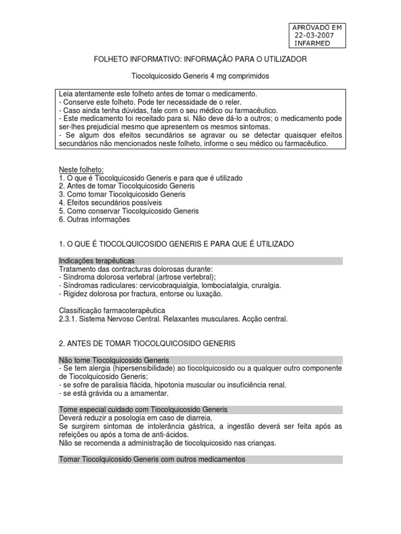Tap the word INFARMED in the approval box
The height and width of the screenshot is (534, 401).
[x=312, y=43]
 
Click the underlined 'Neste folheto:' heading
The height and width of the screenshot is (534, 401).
[x=81, y=169]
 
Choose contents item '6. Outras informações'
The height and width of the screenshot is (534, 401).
[x=94, y=220]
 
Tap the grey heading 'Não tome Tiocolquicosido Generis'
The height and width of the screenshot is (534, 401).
[x=113, y=360]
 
